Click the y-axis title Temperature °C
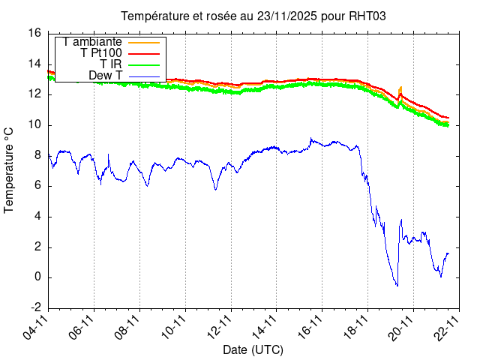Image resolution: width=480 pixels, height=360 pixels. tap(10, 169)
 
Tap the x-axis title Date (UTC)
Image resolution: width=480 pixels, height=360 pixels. tap(253, 349)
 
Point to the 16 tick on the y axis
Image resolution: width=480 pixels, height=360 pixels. tap(34, 33)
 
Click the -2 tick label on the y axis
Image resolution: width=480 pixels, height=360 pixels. tap(34, 308)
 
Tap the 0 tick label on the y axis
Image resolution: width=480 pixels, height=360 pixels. tap(37, 277)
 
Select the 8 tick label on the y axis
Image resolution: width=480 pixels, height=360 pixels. tap(37, 155)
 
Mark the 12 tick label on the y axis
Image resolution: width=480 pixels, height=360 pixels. tap(34, 94)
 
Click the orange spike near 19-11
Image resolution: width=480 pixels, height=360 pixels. tap(400, 88)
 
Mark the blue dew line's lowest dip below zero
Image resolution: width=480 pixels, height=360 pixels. tap(397, 285)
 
